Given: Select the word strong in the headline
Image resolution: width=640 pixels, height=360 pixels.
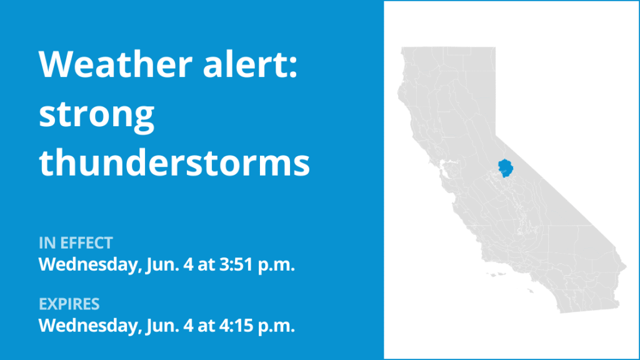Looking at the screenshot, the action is pos(97,116).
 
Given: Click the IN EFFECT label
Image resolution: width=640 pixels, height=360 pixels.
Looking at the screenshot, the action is pos(76,243).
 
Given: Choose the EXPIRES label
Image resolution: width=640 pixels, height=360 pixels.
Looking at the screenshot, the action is pos(69,304).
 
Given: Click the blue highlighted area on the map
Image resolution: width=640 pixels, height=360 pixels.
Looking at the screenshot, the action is pos(506,167).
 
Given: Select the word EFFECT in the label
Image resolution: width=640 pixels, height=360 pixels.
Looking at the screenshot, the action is pos(86,243).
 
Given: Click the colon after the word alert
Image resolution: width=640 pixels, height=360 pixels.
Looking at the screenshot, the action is pos(294,67).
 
